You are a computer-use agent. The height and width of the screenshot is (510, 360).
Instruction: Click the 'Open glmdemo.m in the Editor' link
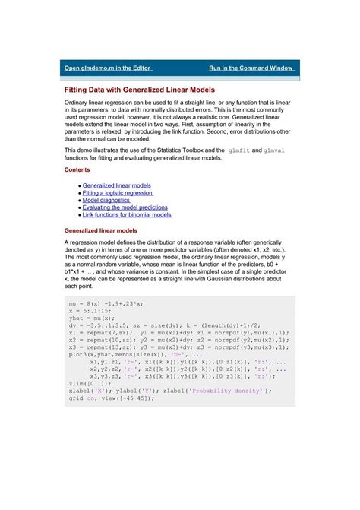point(109,68)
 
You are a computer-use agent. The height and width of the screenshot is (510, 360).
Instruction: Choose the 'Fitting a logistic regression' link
point(122,193)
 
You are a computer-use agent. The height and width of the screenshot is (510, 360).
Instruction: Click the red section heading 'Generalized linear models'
point(101,230)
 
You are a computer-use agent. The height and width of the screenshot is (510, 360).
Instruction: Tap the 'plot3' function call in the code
point(78,354)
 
